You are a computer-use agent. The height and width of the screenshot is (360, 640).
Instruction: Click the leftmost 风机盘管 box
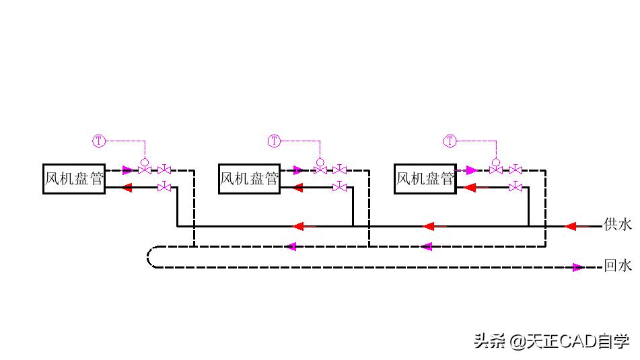pos(74,179)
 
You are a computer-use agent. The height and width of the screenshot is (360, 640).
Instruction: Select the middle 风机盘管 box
pos(250,179)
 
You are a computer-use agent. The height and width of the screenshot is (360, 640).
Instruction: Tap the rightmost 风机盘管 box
pos(425,179)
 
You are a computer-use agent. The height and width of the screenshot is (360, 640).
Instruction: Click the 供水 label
pos(618,225)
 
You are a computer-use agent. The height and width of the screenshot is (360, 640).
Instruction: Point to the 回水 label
pos(618,266)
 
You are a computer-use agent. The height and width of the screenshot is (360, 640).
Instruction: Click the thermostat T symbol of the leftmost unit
pos(99,141)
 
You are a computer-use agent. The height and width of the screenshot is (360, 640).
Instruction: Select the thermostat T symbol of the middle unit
pos(274,141)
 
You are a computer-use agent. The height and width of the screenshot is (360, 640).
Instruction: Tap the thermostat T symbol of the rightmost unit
pos(450,141)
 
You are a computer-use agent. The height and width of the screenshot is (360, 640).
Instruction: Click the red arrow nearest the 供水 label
pos(570,226)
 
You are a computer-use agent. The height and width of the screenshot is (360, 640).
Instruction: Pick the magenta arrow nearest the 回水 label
pos(577,267)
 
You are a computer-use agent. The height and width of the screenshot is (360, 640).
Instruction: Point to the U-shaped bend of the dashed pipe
pos(151,257)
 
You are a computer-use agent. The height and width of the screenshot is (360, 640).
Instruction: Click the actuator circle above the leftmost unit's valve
pos(144,162)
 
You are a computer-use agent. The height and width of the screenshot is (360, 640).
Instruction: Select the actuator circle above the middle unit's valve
pos(320,162)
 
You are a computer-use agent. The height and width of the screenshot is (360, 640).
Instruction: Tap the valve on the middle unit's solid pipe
pos(340,186)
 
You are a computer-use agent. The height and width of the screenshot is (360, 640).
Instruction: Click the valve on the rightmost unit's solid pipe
pos(515,186)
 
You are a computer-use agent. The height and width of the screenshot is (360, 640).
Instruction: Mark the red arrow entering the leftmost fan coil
pos(127,188)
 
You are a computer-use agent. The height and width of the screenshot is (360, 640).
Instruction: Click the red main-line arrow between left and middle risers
pos(299,226)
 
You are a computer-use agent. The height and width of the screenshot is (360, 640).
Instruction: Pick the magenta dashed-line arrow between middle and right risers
pos(426,247)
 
